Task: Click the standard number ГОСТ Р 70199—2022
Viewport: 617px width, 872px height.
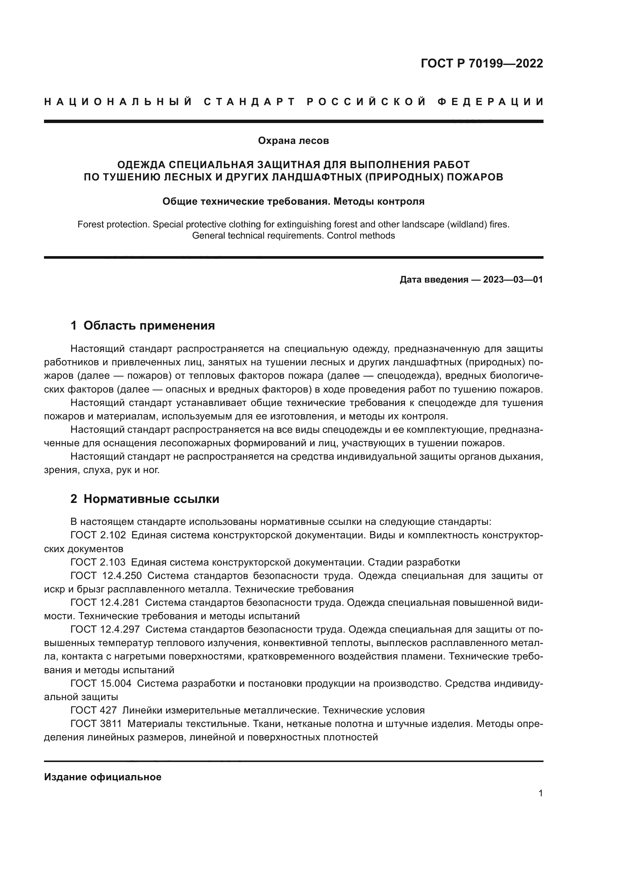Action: tap(482, 63)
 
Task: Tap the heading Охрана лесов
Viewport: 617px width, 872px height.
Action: tap(293, 141)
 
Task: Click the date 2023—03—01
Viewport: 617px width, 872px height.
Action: tap(513, 280)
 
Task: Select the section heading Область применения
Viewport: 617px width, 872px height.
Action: tap(149, 325)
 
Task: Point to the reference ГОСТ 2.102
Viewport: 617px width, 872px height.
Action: tap(98, 535)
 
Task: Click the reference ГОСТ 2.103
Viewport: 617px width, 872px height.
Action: tap(98, 562)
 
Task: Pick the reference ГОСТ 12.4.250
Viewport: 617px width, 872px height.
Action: tap(106, 576)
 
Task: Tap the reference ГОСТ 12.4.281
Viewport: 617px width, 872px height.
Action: tap(105, 603)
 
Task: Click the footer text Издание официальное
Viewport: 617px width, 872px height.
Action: tap(103, 777)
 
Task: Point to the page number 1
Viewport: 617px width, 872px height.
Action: tap(541, 793)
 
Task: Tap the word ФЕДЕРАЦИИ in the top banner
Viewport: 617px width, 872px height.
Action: tap(491, 102)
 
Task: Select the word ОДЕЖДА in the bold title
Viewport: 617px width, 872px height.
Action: tap(141, 164)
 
